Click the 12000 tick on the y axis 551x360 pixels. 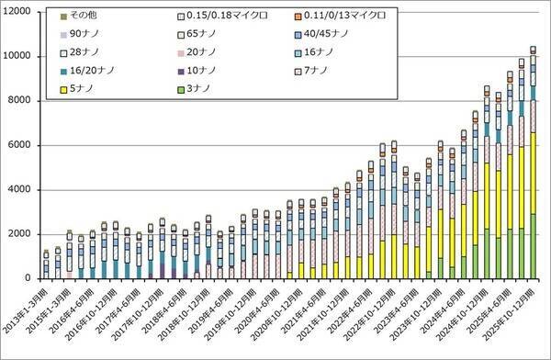tap(17, 11)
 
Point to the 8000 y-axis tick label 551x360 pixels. tap(20, 100)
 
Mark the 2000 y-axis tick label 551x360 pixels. tap(20, 233)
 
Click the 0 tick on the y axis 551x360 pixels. tap(28, 278)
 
